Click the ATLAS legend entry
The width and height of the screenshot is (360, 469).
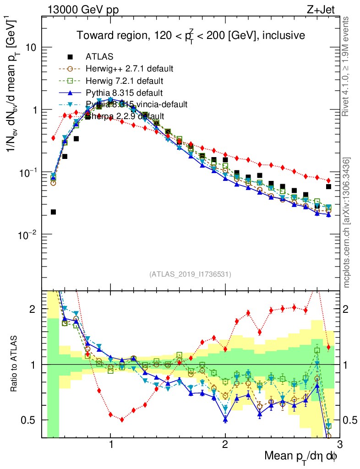(x=99, y=57)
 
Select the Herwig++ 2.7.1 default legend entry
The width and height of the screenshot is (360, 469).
(x=129, y=69)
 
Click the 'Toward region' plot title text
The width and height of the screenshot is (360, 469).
(x=191, y=35)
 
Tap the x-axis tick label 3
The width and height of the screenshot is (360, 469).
(x=339, y=443)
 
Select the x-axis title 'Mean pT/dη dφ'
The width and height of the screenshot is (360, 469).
(x=301, y=456)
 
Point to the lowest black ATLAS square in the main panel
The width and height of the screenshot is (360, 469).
(x=53, y=212)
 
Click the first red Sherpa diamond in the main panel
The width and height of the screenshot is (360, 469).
(x=53, y=138)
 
